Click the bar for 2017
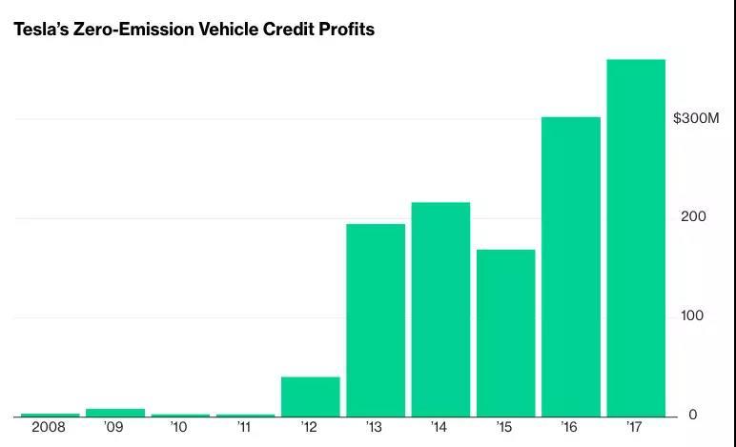(636, 238)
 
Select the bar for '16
(570, 267)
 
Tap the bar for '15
(505, 334)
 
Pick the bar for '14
(440, 310)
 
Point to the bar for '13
(375, 320)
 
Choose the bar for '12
(310, 396)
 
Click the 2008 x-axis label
(49, 428)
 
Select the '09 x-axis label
(113, 428)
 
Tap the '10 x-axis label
(178, 428)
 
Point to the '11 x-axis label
(243, 428)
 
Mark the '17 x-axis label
(635, 428)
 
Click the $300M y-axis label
(696, 118)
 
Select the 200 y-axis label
(693, 216)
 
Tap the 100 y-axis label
(692, 315)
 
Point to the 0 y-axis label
(692, 415)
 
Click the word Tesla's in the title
(41, 30)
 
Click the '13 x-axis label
(374, 428)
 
